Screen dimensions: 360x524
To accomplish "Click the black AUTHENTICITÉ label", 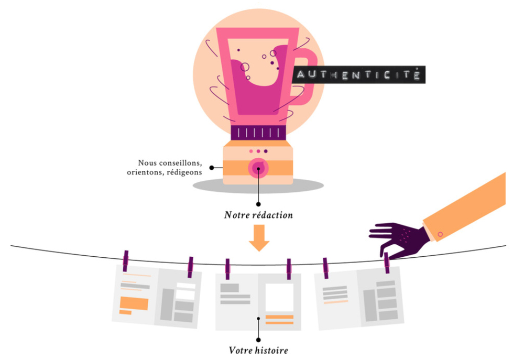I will tap(358, 74).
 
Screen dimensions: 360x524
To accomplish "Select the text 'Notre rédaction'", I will tap(258, 215).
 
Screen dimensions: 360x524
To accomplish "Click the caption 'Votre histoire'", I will tap(259, 350).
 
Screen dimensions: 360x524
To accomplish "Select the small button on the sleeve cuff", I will tap(440, 234).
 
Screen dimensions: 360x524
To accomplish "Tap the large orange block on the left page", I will tap(134, 303).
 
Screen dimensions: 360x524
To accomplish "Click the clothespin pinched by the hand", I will tap(387, 263).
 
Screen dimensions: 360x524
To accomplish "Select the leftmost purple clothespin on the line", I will tap(126, 260).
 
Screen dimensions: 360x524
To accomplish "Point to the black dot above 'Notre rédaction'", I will tap(258, 203).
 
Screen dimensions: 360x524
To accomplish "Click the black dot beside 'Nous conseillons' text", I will tap(212, 168).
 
